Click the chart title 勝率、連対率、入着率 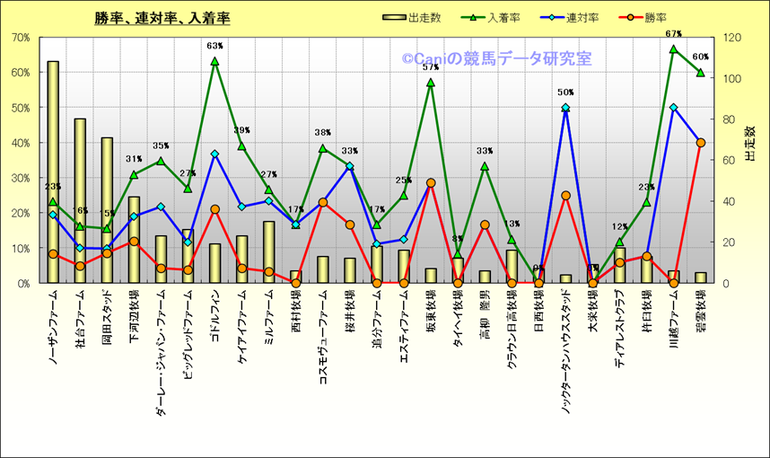coord(162,18)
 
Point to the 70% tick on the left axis coord(22,38)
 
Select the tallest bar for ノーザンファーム coord(53,171)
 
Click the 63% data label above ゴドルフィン coord(214,46)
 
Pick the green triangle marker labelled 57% coord(431,83)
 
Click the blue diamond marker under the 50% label coord(565,108)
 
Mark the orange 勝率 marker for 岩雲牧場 coord(701,143)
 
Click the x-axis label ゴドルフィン coord(214,313)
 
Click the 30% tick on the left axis coord(22,178)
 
